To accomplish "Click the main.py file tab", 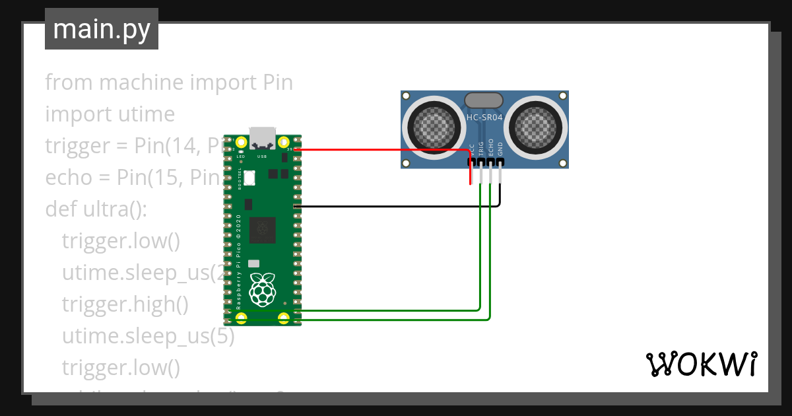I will (x=102, y=29).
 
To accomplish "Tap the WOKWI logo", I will (x=700, y=364).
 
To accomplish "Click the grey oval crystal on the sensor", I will (x=484, y=100).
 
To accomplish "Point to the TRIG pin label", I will (x=481, y=148).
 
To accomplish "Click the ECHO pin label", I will (x=490, y=148).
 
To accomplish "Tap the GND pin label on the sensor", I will (x=500, y=148).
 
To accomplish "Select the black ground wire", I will (x=396, y=207).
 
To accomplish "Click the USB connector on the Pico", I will (x=263, y=137).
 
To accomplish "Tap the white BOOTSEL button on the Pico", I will (x=249, y=178).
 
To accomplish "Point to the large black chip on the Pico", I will (x=263, y=229).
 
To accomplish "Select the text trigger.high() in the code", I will (x=125, y=304).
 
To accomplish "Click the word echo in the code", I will (x=67, y=178).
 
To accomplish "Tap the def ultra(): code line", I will (x=96, y=209).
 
